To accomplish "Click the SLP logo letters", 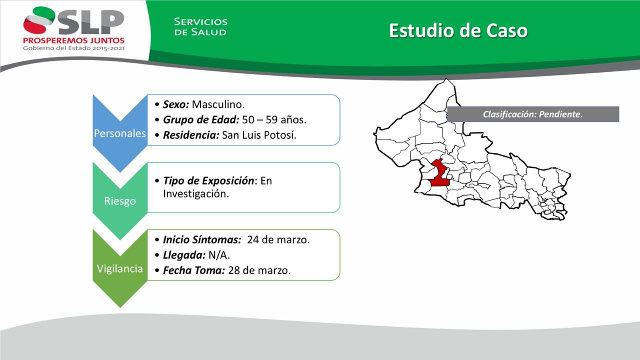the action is (x=91, y=22).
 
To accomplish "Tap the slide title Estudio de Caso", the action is (x=458, y=30).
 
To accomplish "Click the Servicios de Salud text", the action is (x=200, y=26).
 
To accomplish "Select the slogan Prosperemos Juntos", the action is (x=73, y=40).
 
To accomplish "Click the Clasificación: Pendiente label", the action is (x=532, y=114).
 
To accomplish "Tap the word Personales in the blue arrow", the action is (x=119, y=133).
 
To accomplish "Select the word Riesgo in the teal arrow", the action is (x=119, y=201).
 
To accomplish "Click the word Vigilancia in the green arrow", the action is (x=119, y=268).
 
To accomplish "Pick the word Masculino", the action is (x=218, y=104).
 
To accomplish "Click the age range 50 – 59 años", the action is (x=274, y=119).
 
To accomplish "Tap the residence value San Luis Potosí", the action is (x=259, y=135).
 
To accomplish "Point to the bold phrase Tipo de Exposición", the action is (x=208, y=181).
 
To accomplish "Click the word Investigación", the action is (x=196, y=194).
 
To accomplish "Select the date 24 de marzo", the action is (x=278, y=239).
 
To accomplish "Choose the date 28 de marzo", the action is (x=259, y=270).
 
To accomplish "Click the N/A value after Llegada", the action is (x=219, y=255).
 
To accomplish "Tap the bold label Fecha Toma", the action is (x=194, y=270).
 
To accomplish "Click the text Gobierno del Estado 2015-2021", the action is (x=73, y=48).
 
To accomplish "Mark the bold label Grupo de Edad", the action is (x=201, y=119).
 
